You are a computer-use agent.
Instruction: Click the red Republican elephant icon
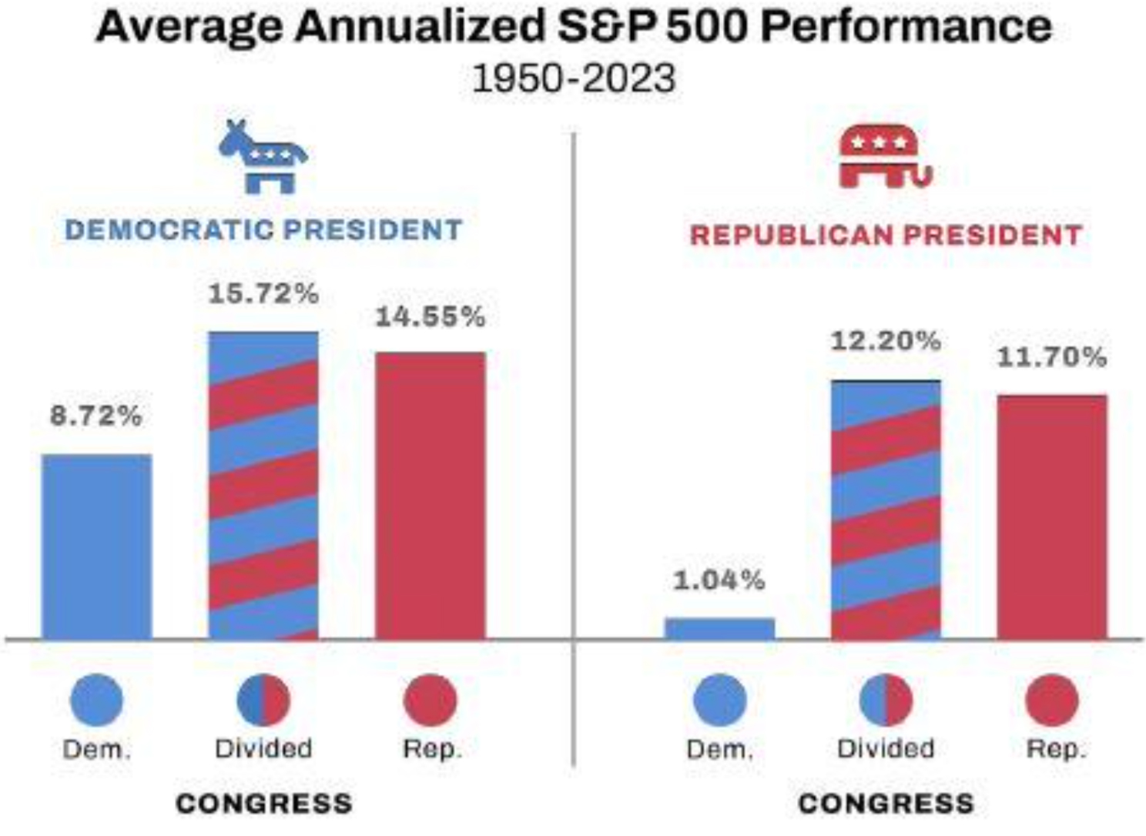click(885, 157)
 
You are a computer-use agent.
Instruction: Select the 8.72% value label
click(96, 416)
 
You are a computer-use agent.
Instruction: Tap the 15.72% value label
click(263, 294)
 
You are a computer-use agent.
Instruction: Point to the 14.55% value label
click(430, 317)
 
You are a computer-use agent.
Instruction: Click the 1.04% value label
click(719, 580)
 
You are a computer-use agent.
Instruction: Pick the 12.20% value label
click(886, 341)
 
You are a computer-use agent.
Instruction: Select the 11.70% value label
click(1052, 357)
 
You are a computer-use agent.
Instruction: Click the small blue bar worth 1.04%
click(719, 628)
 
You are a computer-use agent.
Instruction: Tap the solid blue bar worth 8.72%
click(96, 547)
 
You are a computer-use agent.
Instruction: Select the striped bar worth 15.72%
click(263, 486)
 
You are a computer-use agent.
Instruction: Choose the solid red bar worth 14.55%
click(430, 496)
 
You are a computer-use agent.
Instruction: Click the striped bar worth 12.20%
click(886, 510)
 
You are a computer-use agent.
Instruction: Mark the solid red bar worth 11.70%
click(1052, 517)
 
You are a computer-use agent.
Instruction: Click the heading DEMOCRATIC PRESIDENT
click(263, 230)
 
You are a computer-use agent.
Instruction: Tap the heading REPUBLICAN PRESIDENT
click(886, 235)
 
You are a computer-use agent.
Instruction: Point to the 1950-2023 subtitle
click(574, 79)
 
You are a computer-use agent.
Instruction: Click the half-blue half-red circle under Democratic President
click(263, 700)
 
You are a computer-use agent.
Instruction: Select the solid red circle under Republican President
click(1052, 700)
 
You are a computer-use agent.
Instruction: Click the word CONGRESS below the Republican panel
click(886, 804)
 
